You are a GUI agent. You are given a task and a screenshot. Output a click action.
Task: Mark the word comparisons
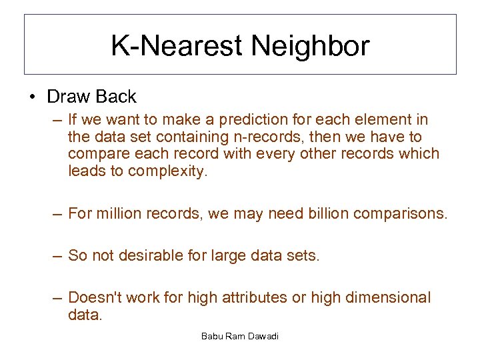point(403,214)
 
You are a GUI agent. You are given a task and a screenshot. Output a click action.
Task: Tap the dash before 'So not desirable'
point(58,256)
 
